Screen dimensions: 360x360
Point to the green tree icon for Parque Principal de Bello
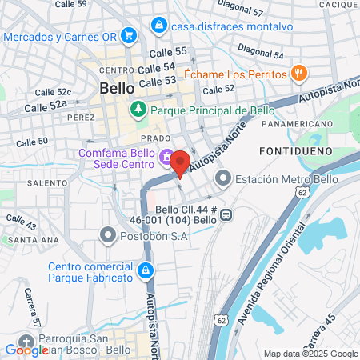pyautogui.click(x=139, y=108)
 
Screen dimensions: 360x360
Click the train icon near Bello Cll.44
pyautogui.click(x=226, y=214)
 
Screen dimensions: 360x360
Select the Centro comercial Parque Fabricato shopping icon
pyautogui.click(x=146, y=272)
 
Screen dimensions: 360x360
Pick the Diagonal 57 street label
pyautogui.click(x=246, y=12)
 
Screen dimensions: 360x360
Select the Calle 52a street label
pyautogui.click(x=46, y=105)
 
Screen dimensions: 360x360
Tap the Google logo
pyautogui.click(x=26, y=349)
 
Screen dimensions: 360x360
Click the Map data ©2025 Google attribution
pyautogui.click(x=311, y=354)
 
